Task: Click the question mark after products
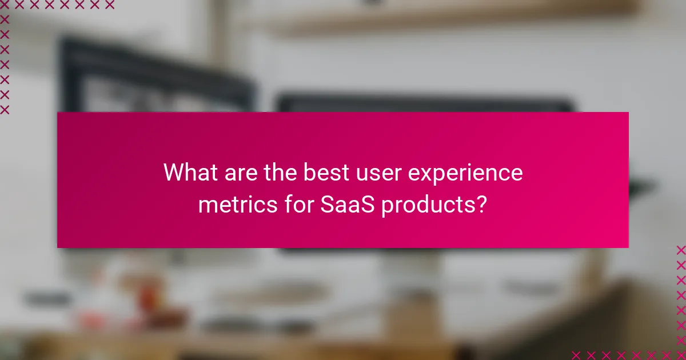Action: click(481, 204)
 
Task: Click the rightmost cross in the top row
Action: click(109, 5)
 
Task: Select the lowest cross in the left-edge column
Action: click(5, 109)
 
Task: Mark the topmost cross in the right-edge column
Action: click(680, 250)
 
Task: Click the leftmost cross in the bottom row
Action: click(576, 354)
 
